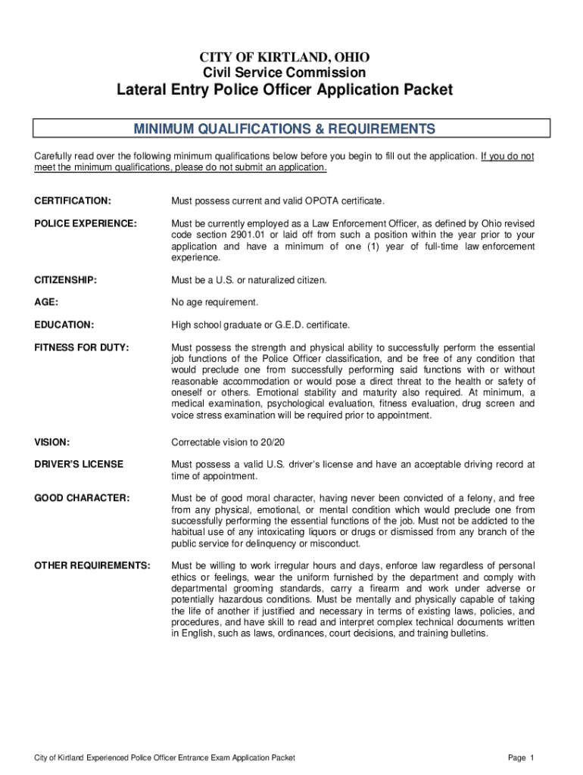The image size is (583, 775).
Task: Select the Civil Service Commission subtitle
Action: tap(284, 73)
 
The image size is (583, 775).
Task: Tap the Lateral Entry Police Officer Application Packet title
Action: tap(284, 91)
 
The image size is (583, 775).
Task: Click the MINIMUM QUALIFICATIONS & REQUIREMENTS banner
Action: tap(284, 128)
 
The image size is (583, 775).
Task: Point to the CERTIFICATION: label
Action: tap(73, 201)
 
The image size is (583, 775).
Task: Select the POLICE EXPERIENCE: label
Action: tap(86, 224)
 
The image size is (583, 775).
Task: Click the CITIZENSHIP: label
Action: tap(65, 280)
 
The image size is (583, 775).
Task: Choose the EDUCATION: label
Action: tap(64, 325)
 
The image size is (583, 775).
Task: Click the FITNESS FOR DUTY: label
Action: tap(82, 347)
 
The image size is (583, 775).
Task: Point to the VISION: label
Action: tap(52, 442)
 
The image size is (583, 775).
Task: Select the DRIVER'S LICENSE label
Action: tap(79, 464)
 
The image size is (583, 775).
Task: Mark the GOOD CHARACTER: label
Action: tap(82, 498)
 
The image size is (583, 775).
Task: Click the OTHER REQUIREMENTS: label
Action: tap(92, 565)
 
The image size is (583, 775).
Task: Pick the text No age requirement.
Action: tap(214, 303)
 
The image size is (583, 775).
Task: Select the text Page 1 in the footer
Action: tap(522, 758)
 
